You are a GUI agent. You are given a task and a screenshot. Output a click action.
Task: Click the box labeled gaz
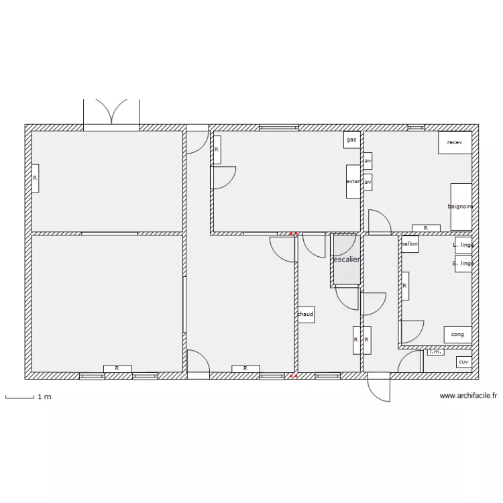click(352, 140)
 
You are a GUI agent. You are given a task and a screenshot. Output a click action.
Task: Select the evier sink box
click(353, 181)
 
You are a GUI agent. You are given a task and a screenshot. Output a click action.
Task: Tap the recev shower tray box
click(455, 143)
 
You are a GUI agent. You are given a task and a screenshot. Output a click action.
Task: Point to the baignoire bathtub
click(461, 206)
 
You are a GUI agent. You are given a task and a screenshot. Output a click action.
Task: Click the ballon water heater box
click(409, 245)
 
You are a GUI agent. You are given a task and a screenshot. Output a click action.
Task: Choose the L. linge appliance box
click(463, 245)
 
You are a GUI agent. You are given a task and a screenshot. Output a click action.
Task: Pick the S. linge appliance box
click(463, 264)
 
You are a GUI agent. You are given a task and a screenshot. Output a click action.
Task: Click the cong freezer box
click(457, 334)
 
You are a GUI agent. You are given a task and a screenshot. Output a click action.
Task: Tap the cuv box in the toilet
click(463, 362)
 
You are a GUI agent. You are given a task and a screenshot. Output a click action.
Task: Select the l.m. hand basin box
click(435, 351)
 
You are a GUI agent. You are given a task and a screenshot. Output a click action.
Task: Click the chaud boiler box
click(306, 314)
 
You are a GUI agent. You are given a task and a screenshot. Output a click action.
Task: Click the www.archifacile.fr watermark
click(468, 396)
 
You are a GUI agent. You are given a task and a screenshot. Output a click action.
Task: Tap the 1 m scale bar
click(20, 398)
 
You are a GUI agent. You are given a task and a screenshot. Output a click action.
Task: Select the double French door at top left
click(111, 114)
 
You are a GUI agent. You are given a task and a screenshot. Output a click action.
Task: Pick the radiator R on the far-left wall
click(35, 178)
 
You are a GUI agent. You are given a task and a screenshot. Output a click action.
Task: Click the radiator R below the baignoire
click(426, 228)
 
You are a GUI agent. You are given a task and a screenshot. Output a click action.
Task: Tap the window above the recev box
click(416, 127)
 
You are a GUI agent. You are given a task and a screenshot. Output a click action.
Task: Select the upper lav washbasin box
click(368, 162)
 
